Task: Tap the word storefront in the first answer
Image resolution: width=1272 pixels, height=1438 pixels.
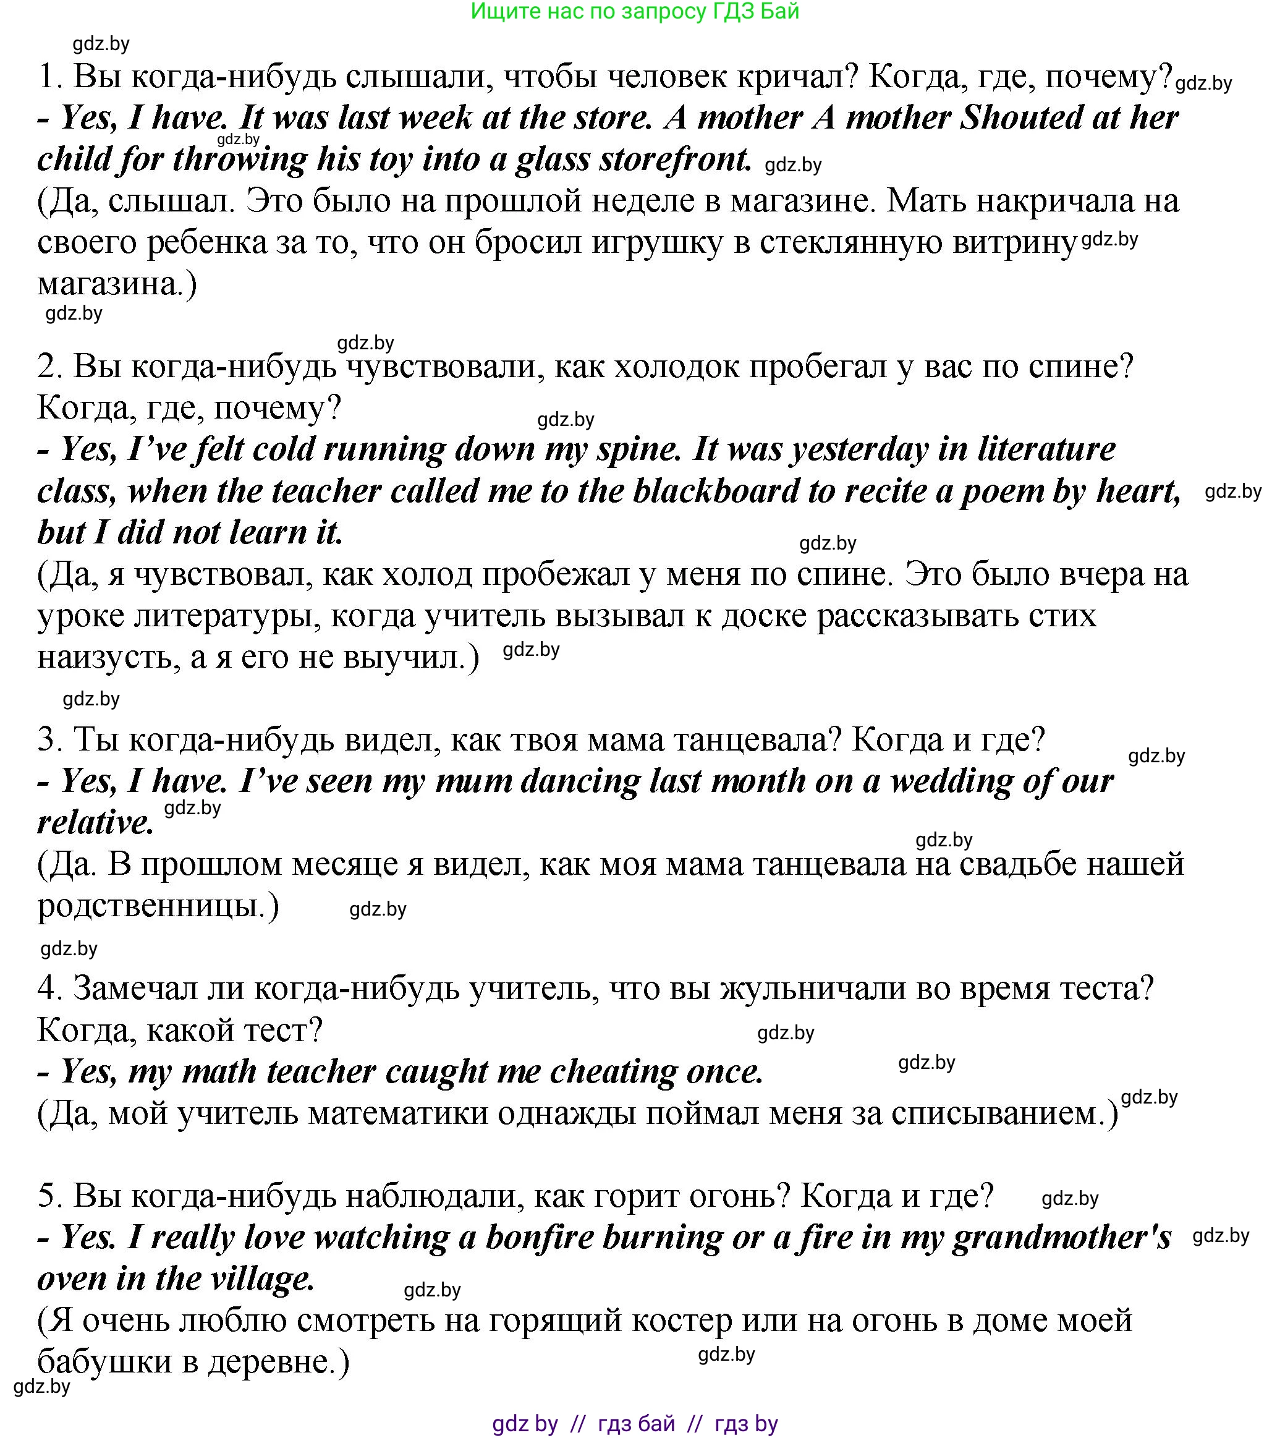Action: coord(676,160)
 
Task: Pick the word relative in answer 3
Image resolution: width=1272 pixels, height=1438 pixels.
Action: coord(95,823)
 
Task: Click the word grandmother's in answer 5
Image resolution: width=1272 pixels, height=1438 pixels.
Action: coord(1062,1238)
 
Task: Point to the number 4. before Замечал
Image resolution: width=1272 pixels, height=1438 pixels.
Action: coord(50,989)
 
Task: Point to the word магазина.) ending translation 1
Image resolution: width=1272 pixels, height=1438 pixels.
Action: coord(117,284)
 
